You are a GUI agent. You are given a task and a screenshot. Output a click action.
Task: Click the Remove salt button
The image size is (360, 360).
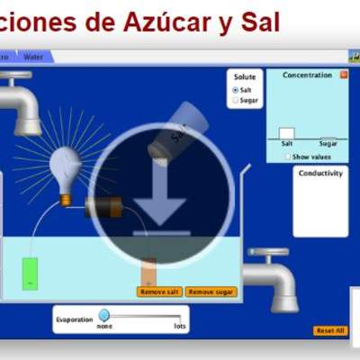coord(160,292)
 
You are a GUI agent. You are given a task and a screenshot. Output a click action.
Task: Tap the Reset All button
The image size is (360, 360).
coord(329,330)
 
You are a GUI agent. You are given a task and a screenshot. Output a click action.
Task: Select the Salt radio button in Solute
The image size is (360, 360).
coord(236,90)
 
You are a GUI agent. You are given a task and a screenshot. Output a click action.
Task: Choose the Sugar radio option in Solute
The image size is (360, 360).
coord(236,100)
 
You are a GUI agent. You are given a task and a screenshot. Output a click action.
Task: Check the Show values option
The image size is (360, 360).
coord(288,156)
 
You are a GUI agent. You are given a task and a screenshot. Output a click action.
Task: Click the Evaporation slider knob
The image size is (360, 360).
coord(104,315)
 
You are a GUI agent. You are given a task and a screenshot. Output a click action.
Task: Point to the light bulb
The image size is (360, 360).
coord(65,166)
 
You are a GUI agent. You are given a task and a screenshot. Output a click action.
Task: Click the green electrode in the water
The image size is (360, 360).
coord(31,274)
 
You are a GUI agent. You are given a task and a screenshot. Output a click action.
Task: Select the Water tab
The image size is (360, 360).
coord(33,57)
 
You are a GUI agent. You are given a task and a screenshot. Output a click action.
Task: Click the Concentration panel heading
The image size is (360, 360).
coord(307,76)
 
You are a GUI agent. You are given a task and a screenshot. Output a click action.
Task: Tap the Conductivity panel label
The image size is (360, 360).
coord(320,173)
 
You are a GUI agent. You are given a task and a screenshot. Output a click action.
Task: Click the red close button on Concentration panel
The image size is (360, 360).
coord(343,76)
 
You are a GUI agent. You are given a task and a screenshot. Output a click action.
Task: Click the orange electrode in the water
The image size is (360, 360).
coord(148,272)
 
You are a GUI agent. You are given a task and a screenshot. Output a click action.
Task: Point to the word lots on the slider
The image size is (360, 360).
coord(180,326)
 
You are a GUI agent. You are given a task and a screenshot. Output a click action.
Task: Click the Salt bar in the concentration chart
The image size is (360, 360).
coord(287,133)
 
